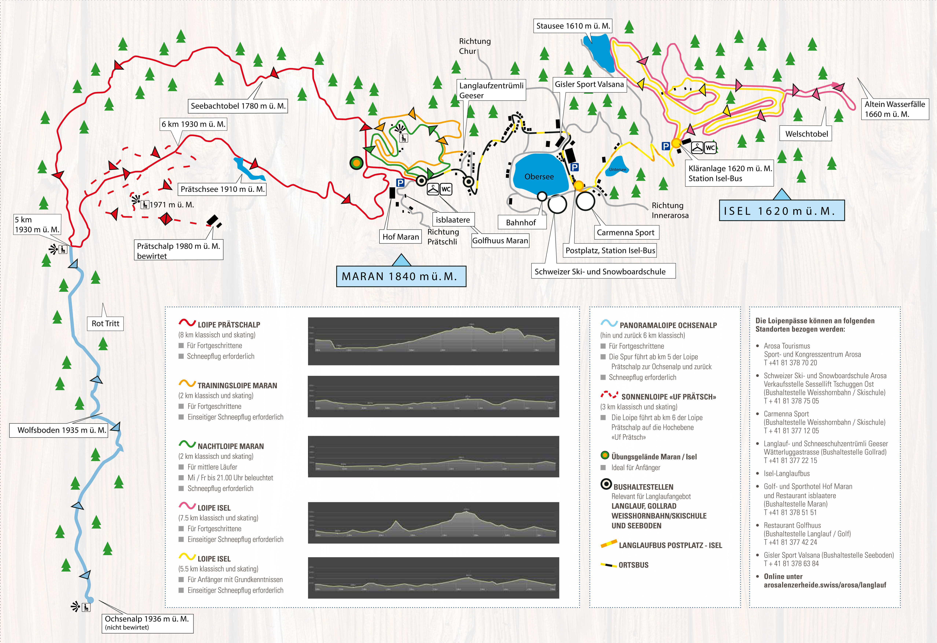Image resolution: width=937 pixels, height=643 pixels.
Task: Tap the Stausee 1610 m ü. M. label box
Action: point(573,26)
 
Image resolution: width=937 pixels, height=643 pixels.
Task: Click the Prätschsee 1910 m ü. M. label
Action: point(222,189)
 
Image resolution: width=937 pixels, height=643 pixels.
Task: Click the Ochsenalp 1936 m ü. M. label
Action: point(147,622)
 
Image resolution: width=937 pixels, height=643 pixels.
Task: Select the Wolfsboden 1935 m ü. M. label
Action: point(61,430)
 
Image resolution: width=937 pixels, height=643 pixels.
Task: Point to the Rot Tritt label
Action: point(105,323)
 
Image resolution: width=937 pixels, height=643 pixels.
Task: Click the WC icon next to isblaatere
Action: point(446,189)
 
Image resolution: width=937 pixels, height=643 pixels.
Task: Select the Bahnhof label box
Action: point(521,223)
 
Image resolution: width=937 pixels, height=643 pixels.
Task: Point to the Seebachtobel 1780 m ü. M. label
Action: point(238,106)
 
